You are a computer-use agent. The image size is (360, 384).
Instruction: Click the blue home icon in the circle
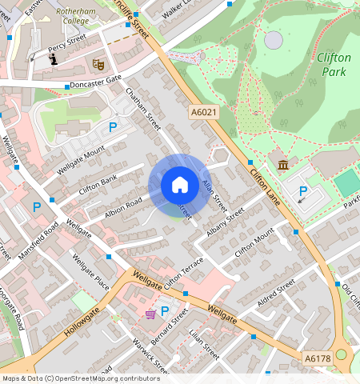tap(180, 186)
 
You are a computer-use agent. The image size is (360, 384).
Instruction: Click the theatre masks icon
tap(99, 62)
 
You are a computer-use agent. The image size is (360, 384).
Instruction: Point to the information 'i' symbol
tap(54, 58)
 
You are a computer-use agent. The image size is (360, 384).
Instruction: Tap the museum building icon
tap(283, 165)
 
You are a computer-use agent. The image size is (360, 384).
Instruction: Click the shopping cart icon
tap(150, 314)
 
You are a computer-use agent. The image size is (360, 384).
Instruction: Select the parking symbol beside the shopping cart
tap(165, 311)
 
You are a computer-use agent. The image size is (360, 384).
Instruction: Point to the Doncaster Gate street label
tap(95, 82)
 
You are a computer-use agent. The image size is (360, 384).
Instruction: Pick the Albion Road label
tap(122, 206)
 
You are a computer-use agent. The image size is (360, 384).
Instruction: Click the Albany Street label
tap(224, 224)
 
